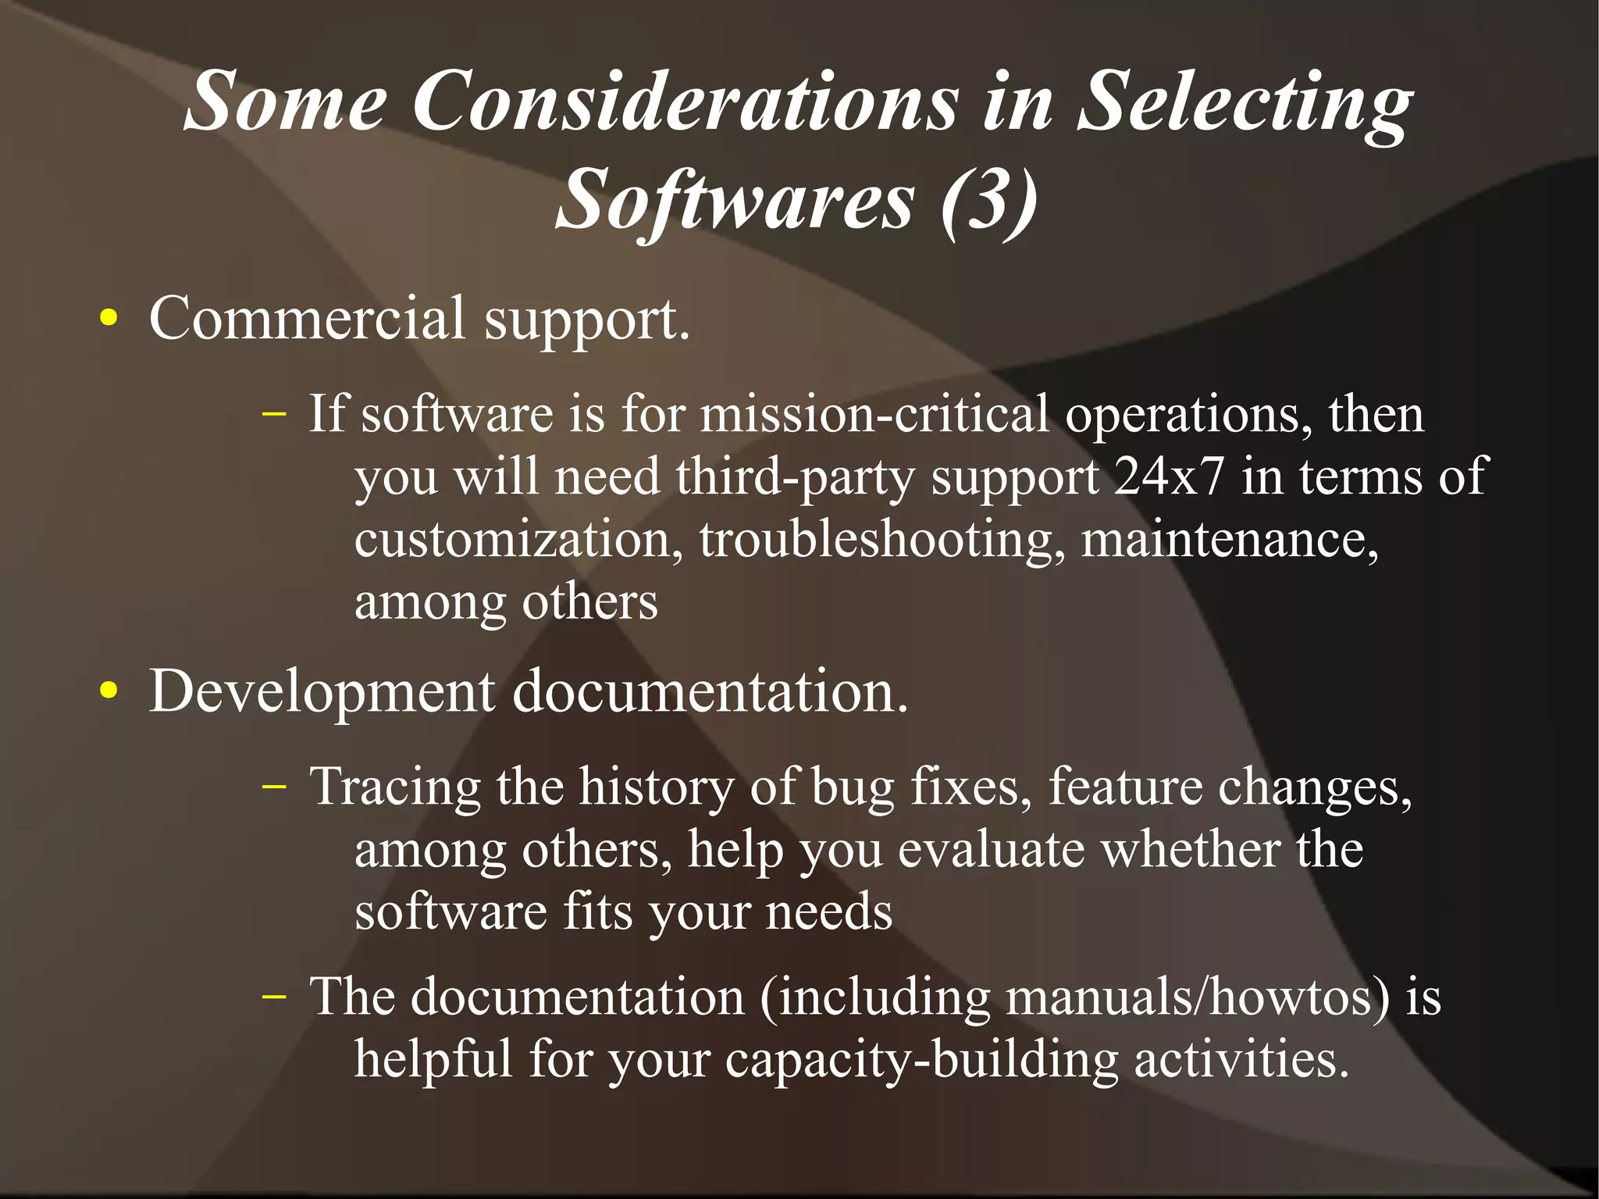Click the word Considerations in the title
685,102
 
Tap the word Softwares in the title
734,201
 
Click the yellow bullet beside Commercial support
109,319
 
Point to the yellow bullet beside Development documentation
109,690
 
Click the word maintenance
1229,539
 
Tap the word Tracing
394,787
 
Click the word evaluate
991,849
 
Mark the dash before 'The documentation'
274,997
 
